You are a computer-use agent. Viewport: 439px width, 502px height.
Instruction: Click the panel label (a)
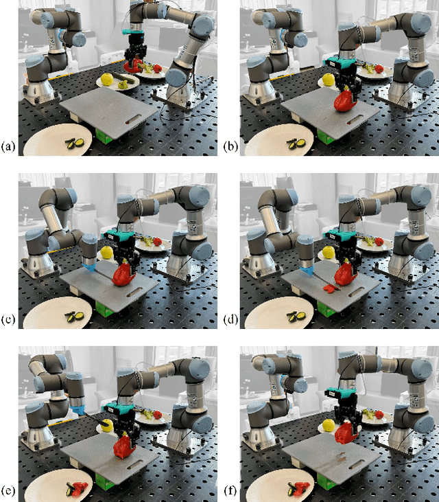pyautogui.click(x=8, y=146)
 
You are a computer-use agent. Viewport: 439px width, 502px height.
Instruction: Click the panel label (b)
pyautogui.click(x=230, y=146)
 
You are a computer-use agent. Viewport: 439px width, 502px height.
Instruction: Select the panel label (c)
pyautogui.click(x=8, y=319)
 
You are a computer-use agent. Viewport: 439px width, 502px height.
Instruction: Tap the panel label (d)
pyautogui.click(x=230, y=319)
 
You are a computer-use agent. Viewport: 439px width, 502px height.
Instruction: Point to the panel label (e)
pyautogui.click(x=8, y=490)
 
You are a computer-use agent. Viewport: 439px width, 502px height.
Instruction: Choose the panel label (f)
pyautogui.click(x=230, y=490)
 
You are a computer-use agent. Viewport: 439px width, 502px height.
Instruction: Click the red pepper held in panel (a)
pyautogui.click(x=133, y=66)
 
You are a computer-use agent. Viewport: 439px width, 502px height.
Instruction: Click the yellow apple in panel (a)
pyautogui.click(x=108, y=80)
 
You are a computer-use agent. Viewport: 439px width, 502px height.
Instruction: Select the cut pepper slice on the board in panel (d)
pyautogui.click(x=331, y=288)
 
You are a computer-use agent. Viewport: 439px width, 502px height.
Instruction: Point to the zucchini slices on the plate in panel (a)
pyautogui.click(x=75, y=144)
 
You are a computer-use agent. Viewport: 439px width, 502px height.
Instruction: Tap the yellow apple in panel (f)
pyautogui.click(x=329, y=425)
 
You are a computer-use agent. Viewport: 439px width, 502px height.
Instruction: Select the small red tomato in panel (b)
pyautogui.click(x=379, y=69)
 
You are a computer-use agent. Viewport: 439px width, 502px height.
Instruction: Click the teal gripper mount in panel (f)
pyautogui.click(x=342, y=393)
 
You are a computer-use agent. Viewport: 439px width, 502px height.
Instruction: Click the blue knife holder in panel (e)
pyautogui.click(x=78, y=410)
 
